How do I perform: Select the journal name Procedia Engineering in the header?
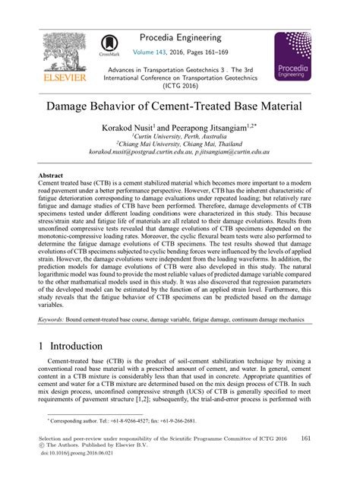pyautogui.click(x=181, y=36)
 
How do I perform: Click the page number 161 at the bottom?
pyautogui.click(x=307, y=439)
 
